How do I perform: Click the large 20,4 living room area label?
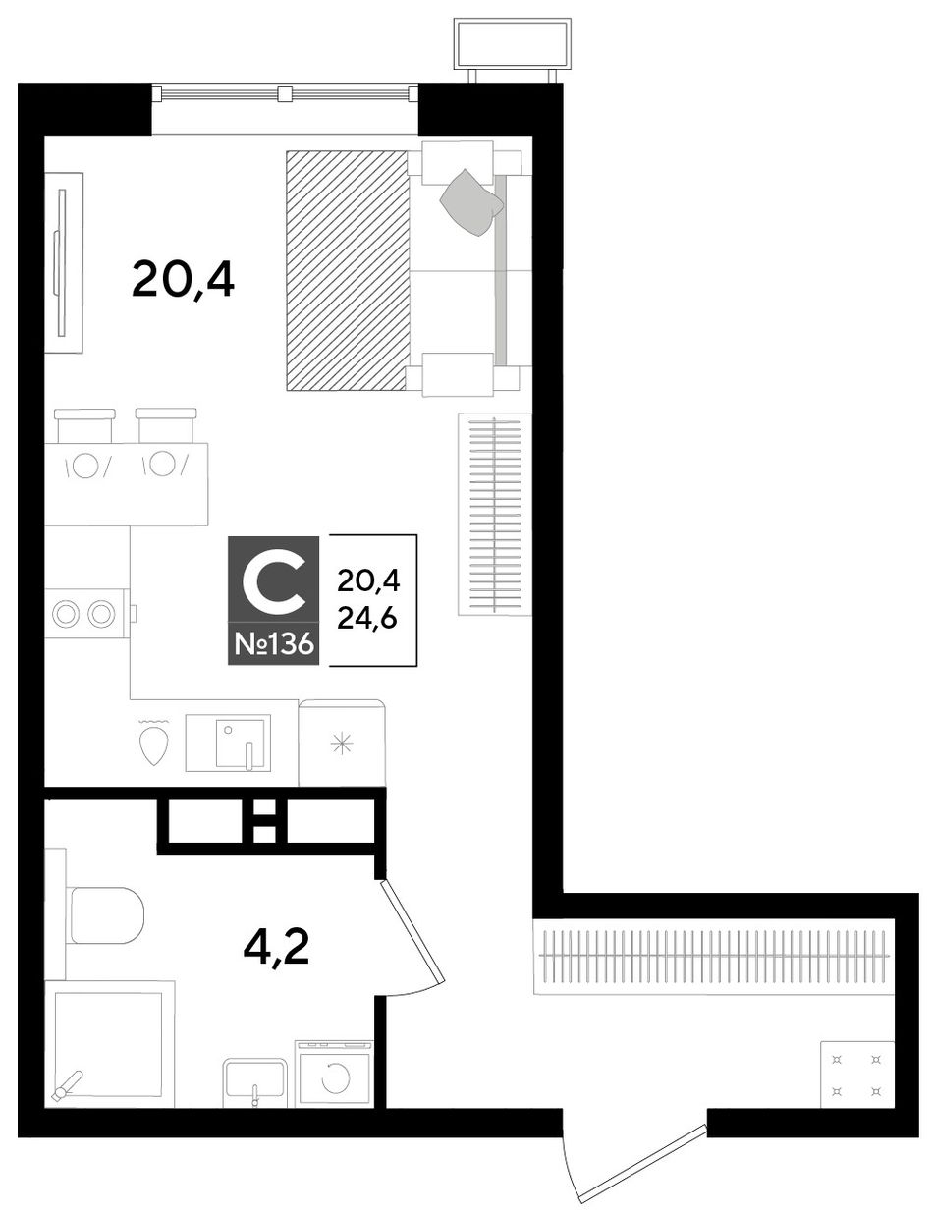click(183, 281)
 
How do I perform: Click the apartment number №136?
click(273, 644)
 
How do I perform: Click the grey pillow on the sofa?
click(472, 202)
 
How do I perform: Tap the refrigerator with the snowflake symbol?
click(342, 744)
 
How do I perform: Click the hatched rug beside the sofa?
click(347, 270)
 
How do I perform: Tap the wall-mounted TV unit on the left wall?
click(64, 263)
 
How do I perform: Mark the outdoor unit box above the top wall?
click(513, 44)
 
